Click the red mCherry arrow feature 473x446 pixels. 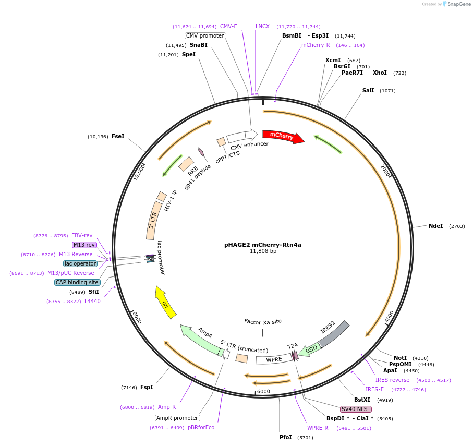(282, 136)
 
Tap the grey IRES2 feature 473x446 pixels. (334, 333)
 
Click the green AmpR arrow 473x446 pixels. (200, 341)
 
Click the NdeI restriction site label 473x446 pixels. (435, 226)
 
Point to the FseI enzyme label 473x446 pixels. (118, 137)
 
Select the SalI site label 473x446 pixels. (368, 90)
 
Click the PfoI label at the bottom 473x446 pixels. (285, 437)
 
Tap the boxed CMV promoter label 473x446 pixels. (205, 35)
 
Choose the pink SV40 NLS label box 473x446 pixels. (356, 409)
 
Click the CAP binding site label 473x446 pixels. (77, 282)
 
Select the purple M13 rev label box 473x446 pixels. (84, 245)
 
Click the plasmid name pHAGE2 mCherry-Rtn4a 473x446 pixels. (263, 244)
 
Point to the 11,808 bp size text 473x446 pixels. (263, 251)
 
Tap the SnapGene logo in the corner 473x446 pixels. (455, 4)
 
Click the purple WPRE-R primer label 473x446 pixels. (318, 428)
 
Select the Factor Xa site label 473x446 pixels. (263, 321)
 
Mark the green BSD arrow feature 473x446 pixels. (311, 349)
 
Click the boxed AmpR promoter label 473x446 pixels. (177, 418)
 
